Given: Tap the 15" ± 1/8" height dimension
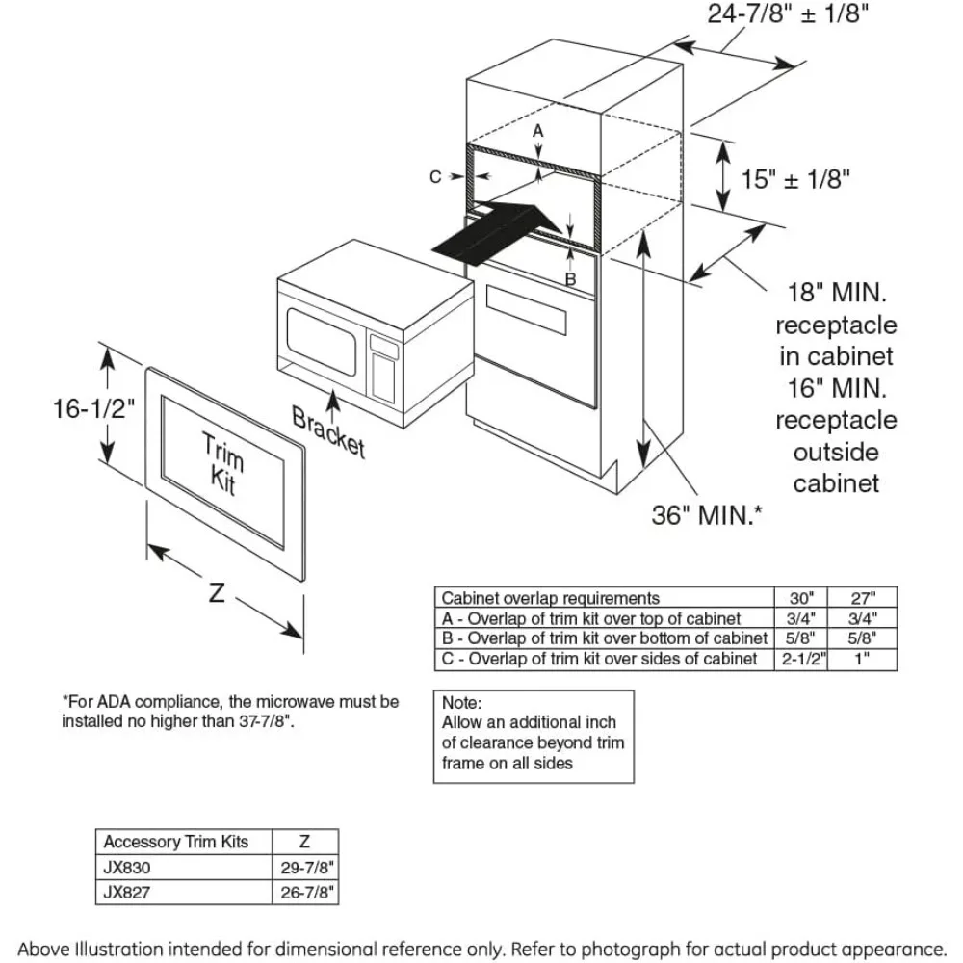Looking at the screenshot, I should click(796, 179).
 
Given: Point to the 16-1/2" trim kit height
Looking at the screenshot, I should click(92, 409).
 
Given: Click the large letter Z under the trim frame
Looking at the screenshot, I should click(217, 592).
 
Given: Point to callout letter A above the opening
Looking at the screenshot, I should click(538, 129).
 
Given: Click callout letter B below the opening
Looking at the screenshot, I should click(570, 279).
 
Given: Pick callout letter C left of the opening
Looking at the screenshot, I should click(435, 176).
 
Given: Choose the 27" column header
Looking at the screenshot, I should click(862, 598).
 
